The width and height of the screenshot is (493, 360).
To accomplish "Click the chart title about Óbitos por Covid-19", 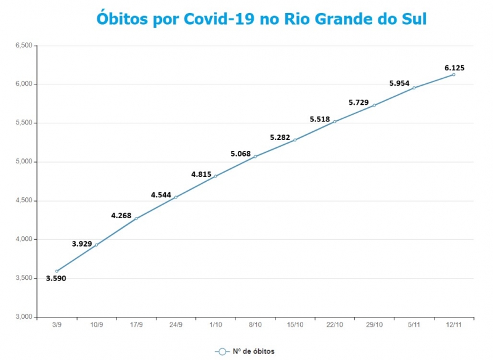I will coord(261,18).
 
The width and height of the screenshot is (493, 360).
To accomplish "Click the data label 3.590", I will coord(56,279).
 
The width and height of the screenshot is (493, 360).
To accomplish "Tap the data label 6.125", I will coord(454,67).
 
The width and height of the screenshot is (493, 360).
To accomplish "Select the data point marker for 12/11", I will coord(454,75).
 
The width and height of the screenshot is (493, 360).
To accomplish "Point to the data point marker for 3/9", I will coord(57,271).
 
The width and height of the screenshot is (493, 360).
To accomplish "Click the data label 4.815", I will coord(202,174).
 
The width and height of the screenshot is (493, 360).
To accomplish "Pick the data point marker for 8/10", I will coord(255,157).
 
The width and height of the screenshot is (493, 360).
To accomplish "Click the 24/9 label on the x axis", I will coord(176,324).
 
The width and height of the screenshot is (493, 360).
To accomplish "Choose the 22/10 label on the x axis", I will coord(335,324).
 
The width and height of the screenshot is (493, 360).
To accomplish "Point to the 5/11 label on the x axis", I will coord(414,324).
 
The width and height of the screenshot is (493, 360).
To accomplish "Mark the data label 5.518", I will coord(320,119).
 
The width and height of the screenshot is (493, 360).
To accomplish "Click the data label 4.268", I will coord(121,216).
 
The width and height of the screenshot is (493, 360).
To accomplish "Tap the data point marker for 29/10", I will coord(374,105).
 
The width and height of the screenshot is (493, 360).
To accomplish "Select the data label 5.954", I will coord(399,83).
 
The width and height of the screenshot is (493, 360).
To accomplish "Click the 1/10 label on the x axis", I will coord(215,324).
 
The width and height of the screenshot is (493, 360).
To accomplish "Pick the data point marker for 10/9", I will coord(96,245).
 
